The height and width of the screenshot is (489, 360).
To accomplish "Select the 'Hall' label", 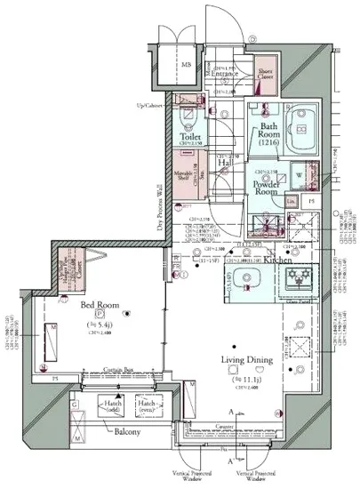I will click(227, 163).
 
